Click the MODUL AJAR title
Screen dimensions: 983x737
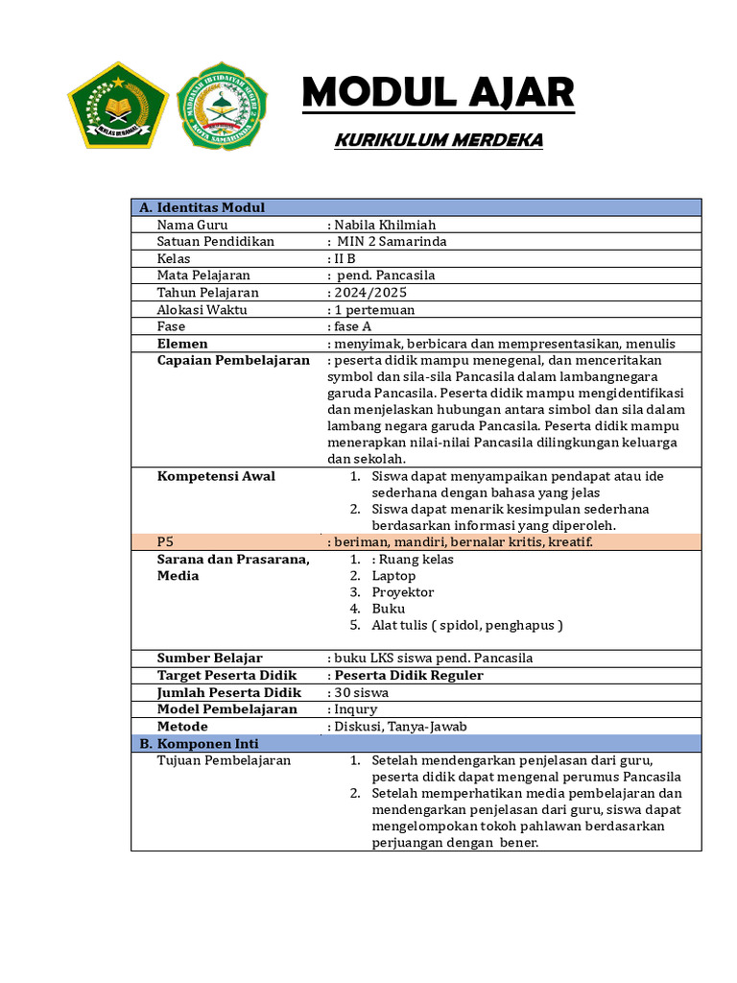(x=438, y=93)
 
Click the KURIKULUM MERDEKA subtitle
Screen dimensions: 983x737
(x=438, y=141)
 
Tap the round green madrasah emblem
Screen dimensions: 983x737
(x=223, y=106)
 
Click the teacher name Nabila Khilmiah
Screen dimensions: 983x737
(x=380, y=225)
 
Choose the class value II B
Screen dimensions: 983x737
(x=346, y=258)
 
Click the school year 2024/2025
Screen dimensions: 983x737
(x=368, y=292)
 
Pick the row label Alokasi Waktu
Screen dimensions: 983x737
(x=202, y=309)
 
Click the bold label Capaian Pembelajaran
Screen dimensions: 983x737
(x=233, y=360)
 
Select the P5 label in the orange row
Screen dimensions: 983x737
(x=166, y=542)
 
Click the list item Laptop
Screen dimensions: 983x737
(x=393, y=576)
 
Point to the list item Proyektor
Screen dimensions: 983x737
(x=403, y=592)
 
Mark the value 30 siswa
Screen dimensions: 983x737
(x=361, y=692)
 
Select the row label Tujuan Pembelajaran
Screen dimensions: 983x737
(x=224, y=760)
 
